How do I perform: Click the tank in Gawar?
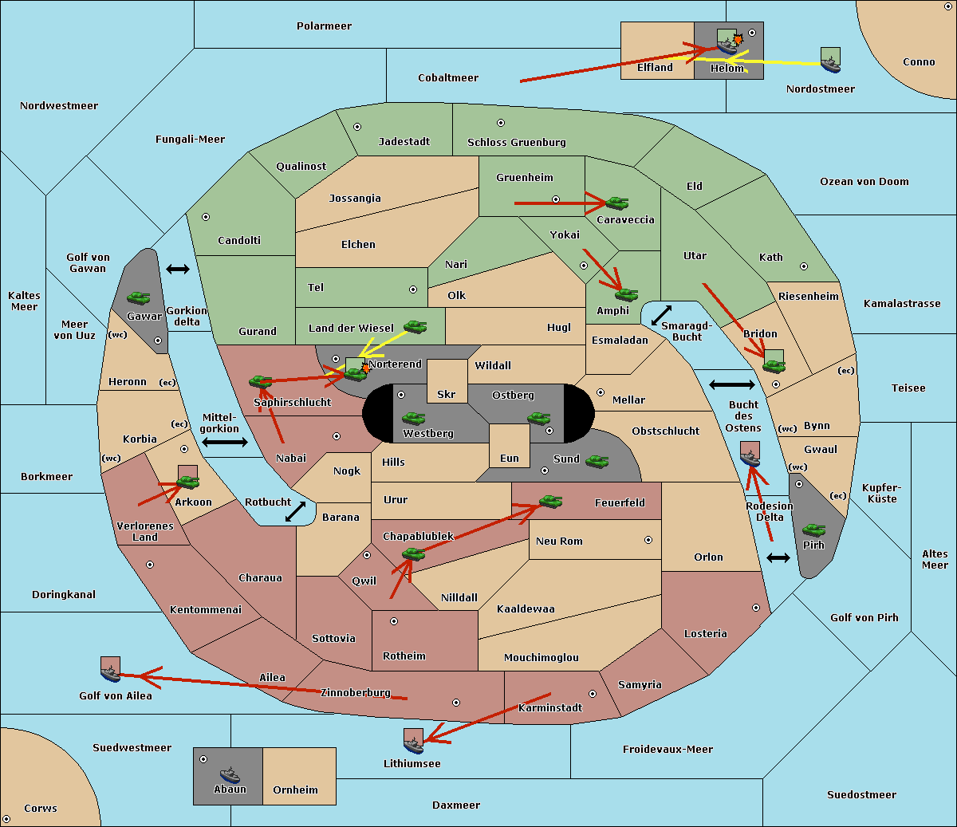point(139,297)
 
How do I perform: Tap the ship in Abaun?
point(230,774)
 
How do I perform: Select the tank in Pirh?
point(813,530)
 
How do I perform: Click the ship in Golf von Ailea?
point(111,673)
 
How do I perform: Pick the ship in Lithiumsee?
point(413,746)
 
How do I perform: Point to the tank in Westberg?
point(413,418)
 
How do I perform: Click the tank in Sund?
point(597,461)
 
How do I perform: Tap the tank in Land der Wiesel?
point(415,326)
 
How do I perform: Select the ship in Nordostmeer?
point(831,65)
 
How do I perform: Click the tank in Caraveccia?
point(616,203)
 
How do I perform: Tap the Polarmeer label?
point(324,26)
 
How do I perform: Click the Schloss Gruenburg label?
point(516,142)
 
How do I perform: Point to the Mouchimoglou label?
point(542,657)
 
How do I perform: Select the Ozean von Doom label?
point(864,182)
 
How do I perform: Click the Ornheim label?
point(295,790)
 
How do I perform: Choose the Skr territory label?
point(447,394)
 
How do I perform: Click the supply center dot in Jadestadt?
point(357,127)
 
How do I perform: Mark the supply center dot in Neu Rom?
point(648,540)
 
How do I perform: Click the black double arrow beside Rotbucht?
point(295,511)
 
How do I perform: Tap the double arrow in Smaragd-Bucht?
point(661,315)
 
